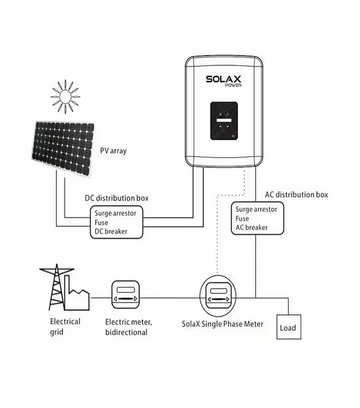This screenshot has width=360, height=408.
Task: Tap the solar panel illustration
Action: tap(63, 148)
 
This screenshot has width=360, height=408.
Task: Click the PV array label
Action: tap(113, 151)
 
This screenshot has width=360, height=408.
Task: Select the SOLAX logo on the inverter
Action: tap(223, 80)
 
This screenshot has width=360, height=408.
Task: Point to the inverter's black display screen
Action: tap(223, 121)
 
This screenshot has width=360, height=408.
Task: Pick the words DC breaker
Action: tap(110, 231)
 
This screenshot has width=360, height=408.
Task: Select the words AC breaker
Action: tap(252, 228)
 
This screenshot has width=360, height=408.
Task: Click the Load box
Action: tap(287, 328)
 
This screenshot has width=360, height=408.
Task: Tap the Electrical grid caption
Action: tap(65, 326)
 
